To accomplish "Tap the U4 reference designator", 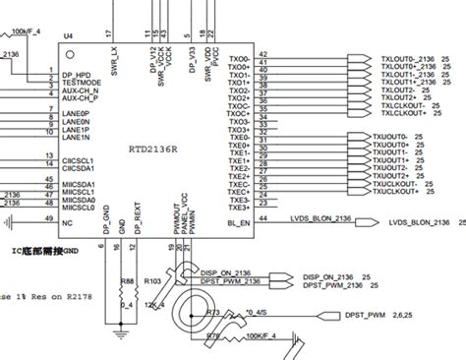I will click(x=69, y=36).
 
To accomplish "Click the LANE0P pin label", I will click(x=76, y=114).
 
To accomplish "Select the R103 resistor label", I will click(x=151, y=280).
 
